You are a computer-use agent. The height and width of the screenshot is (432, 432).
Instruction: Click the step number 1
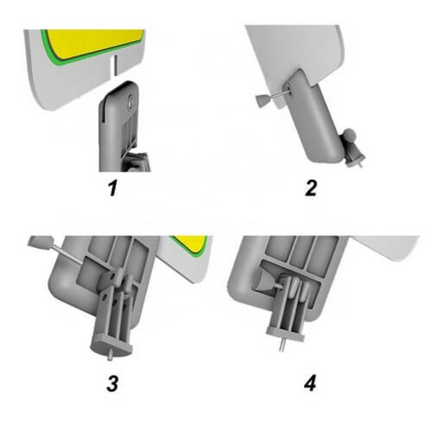click(113, 189)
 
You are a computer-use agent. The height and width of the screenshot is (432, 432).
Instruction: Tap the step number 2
click(311, 189)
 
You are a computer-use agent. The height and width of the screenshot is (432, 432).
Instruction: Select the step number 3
click(113, 383)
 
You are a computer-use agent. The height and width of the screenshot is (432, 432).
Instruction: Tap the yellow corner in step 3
click(193, 242)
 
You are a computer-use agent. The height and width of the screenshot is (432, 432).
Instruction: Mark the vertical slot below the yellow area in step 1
click(116, 66)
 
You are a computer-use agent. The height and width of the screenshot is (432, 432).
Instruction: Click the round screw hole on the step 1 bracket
click(130, 102)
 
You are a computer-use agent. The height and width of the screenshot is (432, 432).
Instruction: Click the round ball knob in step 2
click(349, 134)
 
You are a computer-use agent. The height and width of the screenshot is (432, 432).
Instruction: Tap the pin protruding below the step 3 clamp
click(110, 356)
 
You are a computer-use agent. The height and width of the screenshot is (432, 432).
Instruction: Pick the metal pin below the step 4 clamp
click(282, 346)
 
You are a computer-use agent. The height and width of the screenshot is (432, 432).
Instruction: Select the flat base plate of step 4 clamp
click(286, 334)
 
